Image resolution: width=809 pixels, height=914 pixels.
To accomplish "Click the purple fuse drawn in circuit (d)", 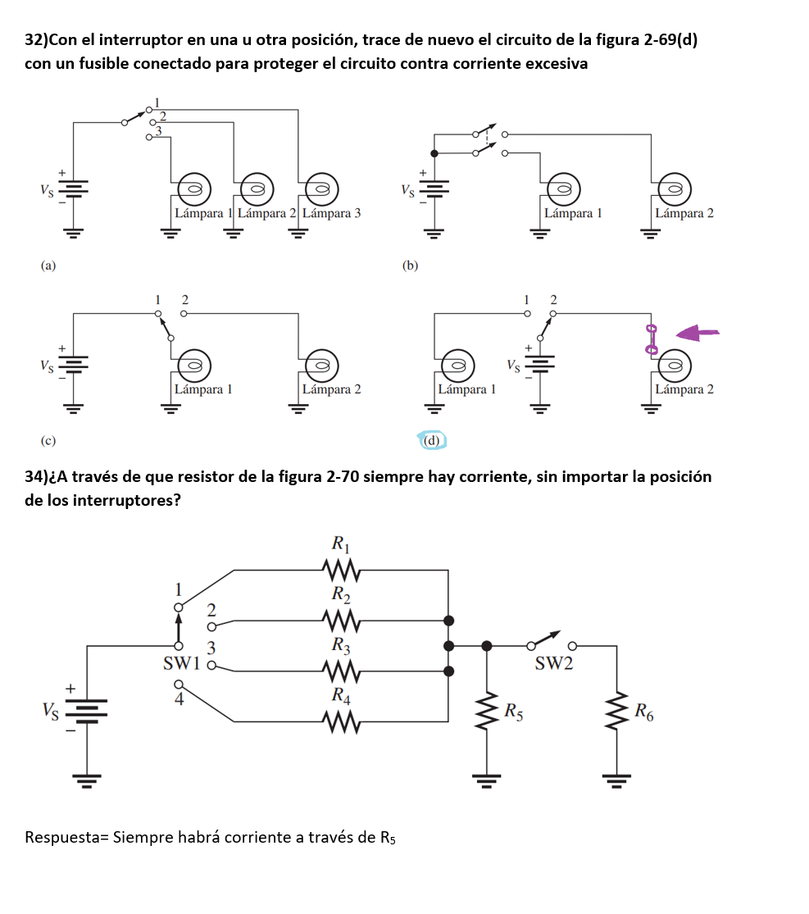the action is [x=651, y=340].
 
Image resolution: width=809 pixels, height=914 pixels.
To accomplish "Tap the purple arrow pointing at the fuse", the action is [x=697, y=333].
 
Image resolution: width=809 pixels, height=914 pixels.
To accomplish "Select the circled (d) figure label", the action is [x=432, y=440].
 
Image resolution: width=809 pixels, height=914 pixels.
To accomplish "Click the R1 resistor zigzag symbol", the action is [x=342, y=570].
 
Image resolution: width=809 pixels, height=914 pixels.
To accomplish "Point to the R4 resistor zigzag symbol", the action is [x=342, y=721].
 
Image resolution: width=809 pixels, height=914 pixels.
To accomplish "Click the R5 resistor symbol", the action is [x=487, y=712].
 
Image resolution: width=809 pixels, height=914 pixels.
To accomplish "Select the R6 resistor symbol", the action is [x=616, y=712].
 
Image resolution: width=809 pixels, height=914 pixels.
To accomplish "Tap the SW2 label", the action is [x=554, y=663].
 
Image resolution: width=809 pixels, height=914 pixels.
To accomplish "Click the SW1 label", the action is [x=182, y=663].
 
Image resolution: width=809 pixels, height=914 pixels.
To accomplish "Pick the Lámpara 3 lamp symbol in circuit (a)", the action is [x=322, y=189].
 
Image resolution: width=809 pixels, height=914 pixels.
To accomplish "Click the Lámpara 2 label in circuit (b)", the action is [x=684, y=213].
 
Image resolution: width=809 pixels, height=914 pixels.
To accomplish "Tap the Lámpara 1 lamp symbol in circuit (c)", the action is [x=194, y=366].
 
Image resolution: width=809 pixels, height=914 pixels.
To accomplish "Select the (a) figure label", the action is [x=48, y=266].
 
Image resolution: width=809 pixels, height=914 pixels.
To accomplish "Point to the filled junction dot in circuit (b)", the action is [x=434, y=153].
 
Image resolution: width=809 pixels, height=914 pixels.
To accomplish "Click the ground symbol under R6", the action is [x=616, y=780].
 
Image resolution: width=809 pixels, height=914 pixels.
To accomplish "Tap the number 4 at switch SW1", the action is [x=179, y=699].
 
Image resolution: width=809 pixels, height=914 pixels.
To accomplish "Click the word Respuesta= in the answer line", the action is [x=67, y=838].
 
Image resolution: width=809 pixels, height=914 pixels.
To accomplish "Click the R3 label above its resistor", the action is [x=341, y=644].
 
